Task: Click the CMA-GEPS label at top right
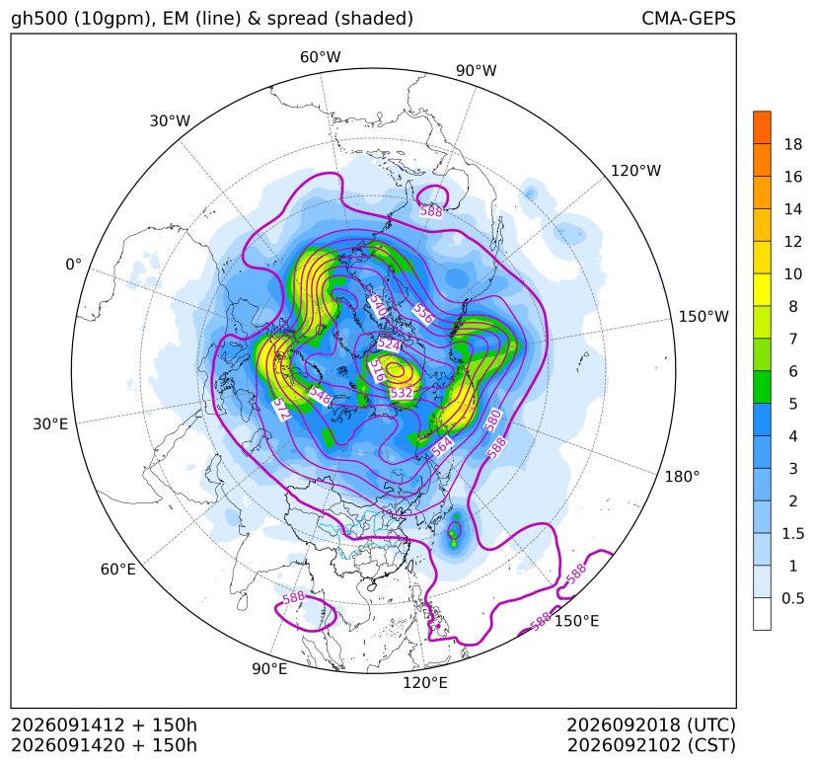(689, 18)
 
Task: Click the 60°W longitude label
(320, 57)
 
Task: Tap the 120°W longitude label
(635, 171)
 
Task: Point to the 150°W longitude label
(704, 316)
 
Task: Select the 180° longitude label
(682, 476)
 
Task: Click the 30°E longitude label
(50, 423)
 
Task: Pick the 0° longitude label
(74, 265)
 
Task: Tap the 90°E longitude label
(269, 668)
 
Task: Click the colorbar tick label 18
(793, 144)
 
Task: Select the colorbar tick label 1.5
(793, 533)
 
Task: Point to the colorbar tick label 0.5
(793, 598)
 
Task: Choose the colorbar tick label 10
(793, 273)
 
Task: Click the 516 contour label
(377, 371)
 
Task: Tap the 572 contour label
(281, 410)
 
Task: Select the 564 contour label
(442, 447)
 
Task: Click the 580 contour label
(492, 421)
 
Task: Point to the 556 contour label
(422, 314)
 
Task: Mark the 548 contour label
(320, 396)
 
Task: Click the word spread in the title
(296, 19)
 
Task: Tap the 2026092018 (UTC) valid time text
(651, 725)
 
